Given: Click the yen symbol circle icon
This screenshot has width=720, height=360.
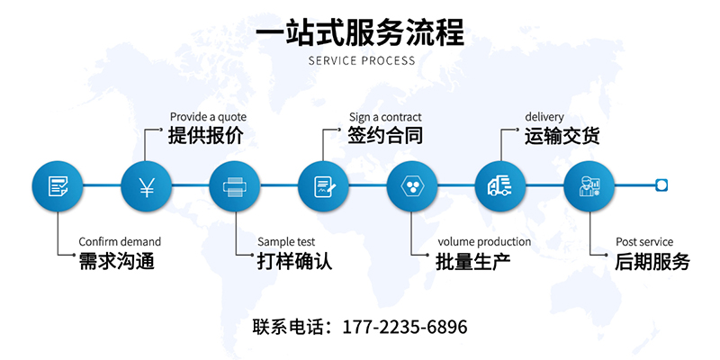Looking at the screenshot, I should click(x=146, y=186).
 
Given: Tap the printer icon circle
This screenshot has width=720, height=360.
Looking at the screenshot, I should click(x=234, y=186).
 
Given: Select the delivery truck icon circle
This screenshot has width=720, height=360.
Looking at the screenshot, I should click(x=500, y=186).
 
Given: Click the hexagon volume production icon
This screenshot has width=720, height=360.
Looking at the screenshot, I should click(x=412, y=186).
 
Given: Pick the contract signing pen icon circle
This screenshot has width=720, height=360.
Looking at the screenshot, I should click(x=323, y=186).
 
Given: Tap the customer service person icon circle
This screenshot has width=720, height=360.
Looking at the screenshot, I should click(x=589, y=186).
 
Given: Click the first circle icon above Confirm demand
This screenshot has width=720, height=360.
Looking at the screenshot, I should click(x=58, y=186).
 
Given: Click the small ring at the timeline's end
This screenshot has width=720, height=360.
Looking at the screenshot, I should click(x=661, y=185).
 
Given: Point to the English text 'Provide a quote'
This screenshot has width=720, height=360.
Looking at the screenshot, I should click(x=207, y=117).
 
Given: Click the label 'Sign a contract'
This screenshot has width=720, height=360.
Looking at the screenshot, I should click(x=385, y=117).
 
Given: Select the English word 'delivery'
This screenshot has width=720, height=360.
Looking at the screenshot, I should click(x=544, y=117).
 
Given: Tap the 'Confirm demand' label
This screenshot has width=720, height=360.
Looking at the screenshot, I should click(x=120, y=241).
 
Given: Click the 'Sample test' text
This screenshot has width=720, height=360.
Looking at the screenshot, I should click(x=286, y=241).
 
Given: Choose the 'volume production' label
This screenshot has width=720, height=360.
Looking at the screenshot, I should click(x=484, y=241).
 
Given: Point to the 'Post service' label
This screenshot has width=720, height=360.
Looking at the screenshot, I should click(x=644, y=241).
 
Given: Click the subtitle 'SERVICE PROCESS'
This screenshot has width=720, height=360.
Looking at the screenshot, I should click(x=362, y=61).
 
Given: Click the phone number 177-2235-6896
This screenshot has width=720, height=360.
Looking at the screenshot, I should click(x=405, y=327).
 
